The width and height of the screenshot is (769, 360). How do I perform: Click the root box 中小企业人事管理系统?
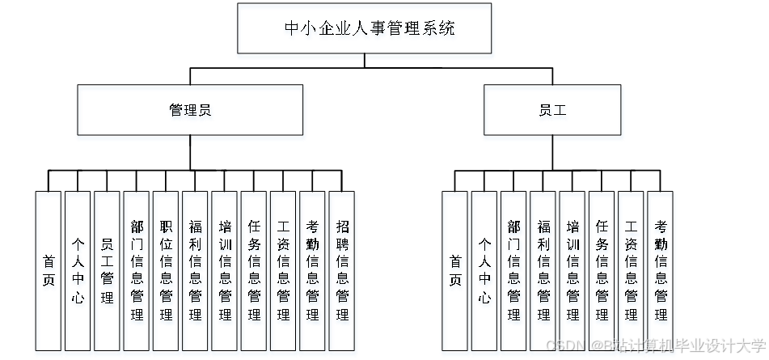(365, 31)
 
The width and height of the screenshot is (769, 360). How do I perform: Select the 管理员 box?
(191, 112)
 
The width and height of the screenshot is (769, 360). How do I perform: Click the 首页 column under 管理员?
(49, 273)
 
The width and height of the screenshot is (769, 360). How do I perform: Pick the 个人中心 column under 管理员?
(78, 273)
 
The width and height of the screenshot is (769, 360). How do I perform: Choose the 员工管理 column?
(108, 273)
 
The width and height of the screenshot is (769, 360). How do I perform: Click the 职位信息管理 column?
(166, 273)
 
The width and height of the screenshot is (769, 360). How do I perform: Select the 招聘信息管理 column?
(343, 273)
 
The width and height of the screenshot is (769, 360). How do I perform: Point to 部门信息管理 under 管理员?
(137, 273)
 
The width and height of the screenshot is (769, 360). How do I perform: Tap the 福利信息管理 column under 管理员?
(196, 273)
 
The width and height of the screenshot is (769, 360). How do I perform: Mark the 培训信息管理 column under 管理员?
(225, 273)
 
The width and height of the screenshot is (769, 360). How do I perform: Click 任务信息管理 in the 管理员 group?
(255, 273)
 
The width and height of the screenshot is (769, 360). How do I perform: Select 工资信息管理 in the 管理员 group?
(284, 273)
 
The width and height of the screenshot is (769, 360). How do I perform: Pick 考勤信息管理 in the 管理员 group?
(313, 273)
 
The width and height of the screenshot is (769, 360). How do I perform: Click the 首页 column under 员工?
(456, 273)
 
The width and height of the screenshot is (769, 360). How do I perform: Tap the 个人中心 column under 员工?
(485, 273)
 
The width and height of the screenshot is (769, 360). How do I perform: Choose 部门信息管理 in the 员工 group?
(514, 273)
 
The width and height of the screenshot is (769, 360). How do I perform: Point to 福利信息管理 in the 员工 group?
(544, 273)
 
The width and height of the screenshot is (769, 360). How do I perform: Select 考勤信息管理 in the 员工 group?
(661, 273)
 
